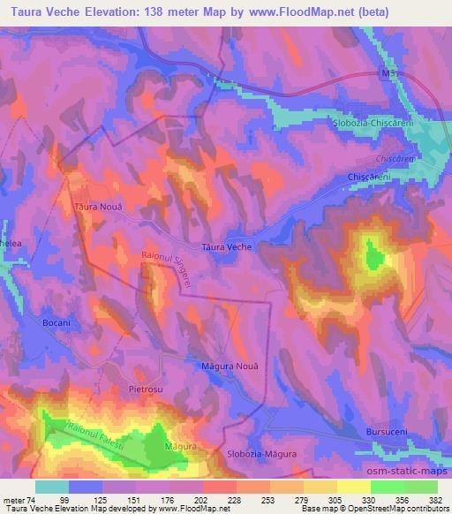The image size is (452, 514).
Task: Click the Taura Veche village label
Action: pos(227,247)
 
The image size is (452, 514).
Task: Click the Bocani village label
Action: pos(57,323)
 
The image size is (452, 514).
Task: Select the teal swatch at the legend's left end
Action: pos(51,487)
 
